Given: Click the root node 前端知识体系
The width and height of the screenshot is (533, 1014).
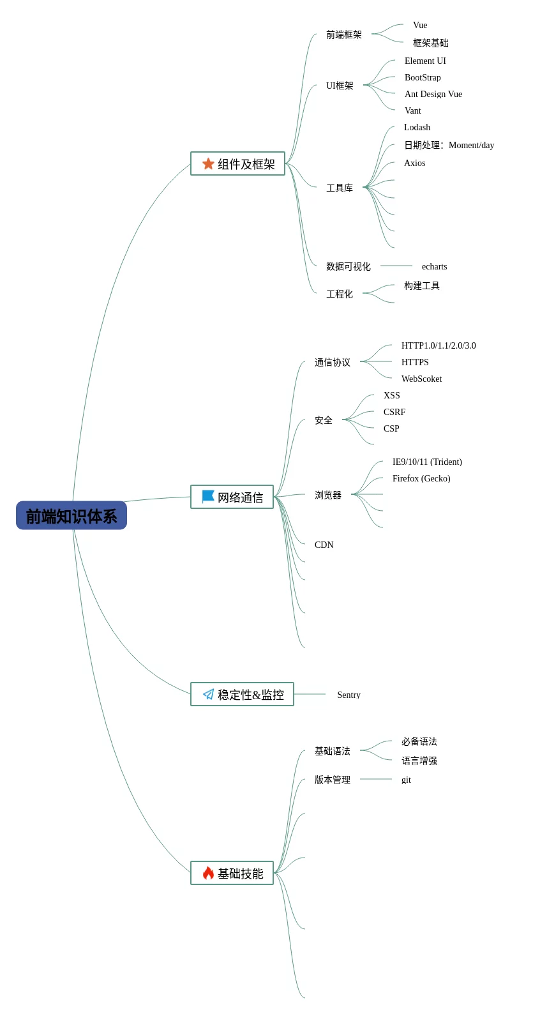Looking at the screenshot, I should pyautogui.click(x=71, y=515).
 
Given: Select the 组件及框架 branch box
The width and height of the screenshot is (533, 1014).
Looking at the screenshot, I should pyautogui.click(x=237, y=163).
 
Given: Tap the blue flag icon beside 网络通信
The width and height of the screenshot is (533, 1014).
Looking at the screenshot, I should pyautogui.click(x=208, y=496).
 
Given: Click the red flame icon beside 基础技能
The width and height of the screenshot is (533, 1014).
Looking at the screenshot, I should pyautogui.click(x=208, y=873).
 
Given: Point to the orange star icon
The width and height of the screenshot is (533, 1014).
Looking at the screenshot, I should pyautogui.click(x=208, y=163).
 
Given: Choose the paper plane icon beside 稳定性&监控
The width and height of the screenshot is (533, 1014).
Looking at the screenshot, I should pyautogui.click(x=208, y=694).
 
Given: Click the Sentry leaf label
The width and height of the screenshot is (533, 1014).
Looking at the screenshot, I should pyautogui.click(x=349, y=695).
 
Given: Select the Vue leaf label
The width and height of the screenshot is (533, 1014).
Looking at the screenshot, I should pyautogui.click(x=420, y=25).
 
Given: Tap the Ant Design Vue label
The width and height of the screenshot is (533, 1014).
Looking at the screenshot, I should pyautogui.click(x=433, y=94).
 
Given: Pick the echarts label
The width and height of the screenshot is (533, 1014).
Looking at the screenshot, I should pyautogui.click(x=434, y=266).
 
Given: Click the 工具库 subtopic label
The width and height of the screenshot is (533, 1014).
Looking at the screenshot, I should pyautogui.click(x=340, y=188).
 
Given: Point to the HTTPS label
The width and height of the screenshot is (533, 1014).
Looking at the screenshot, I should pyautogui.click(x=415, y=362).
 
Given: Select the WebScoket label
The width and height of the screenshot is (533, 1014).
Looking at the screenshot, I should pyautogui.click(x=421, y=379).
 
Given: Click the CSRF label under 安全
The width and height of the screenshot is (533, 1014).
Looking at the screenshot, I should pyautogui.click(x=394, y=412).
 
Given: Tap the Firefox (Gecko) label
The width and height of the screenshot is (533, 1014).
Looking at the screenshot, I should pyautogui.click(x=421, y=478).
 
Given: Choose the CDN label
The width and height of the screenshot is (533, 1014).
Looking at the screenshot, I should pyautogui.click(x=324, y=545).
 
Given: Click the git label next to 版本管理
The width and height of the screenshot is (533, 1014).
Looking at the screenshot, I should pyautogui.click(x=406, y=780).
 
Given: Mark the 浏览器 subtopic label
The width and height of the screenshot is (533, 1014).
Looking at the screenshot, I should pyautogui.click(x=328, y=495).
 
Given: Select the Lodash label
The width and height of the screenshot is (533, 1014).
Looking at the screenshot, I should pyautogui.click(x=417, y=127).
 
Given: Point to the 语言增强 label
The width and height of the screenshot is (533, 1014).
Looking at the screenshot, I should pyautogui.click(x=419, y=760).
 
